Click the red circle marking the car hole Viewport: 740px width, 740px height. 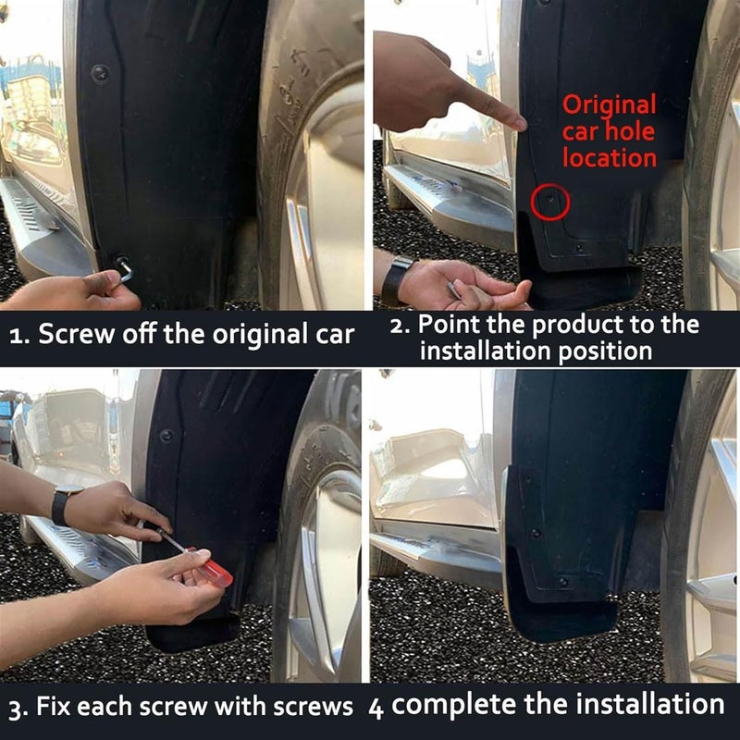(x=550, y=202)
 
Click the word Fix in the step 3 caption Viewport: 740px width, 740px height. (x=54, y=708)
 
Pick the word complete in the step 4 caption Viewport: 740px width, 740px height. (x=450, y=705)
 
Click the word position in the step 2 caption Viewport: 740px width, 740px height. (x=606, y=351)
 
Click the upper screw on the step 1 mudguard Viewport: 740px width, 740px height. (x=100, y=70)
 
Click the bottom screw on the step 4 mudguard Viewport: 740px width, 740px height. (x=562, y=583)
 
